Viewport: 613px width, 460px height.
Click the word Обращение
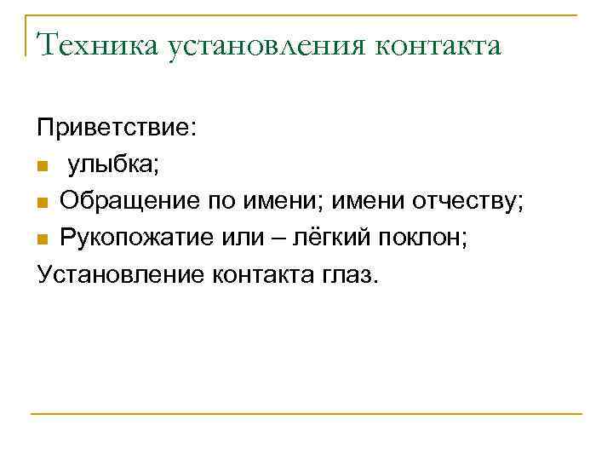click(x=131, y=202)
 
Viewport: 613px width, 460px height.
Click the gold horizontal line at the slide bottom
click(x=306, y=414)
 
